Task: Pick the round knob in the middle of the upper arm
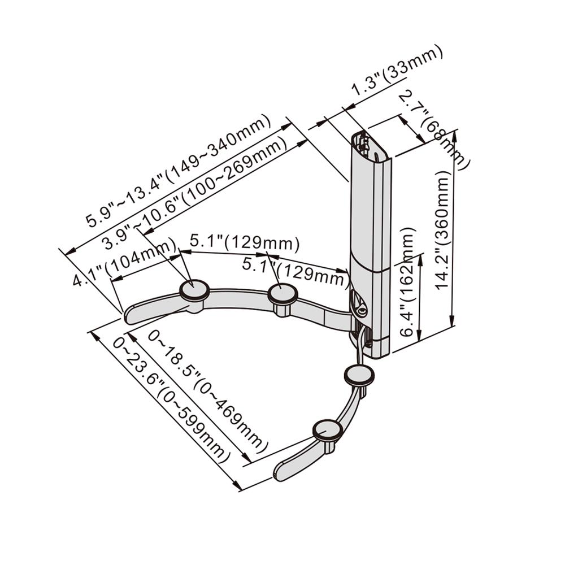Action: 282,293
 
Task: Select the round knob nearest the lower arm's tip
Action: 327,430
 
